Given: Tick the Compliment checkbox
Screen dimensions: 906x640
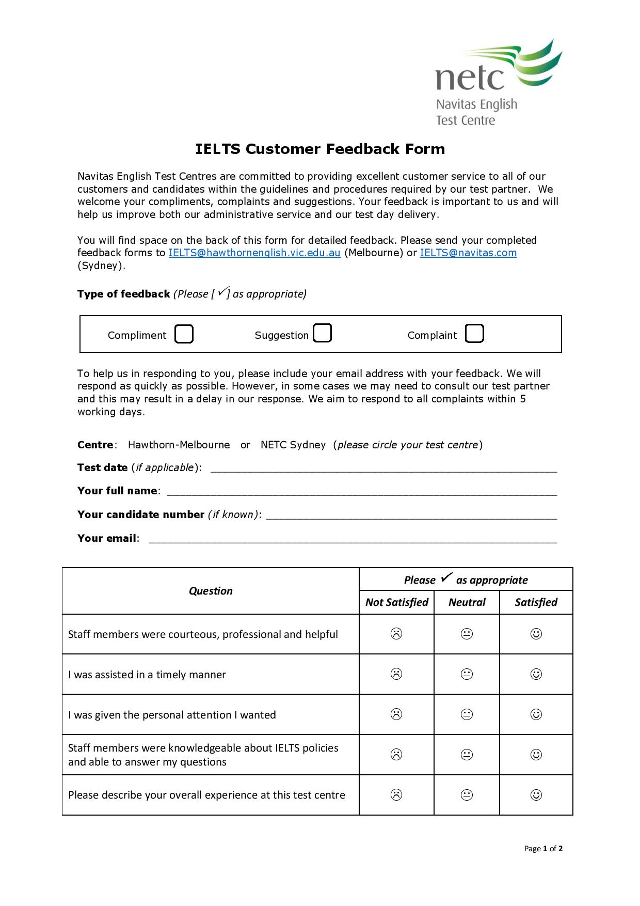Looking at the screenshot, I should pos(184,334).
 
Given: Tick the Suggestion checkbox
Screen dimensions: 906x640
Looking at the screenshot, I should pos(322,333).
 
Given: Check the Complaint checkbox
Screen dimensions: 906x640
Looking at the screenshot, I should pos(474,334).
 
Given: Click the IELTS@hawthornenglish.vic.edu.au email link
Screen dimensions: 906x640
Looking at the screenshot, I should pos(254,253).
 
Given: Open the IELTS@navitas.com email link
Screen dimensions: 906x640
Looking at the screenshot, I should pos(468,253).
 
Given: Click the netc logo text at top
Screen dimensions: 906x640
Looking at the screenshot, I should pos(470,77).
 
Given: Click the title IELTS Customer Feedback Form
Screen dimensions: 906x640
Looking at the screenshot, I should pos(319,149).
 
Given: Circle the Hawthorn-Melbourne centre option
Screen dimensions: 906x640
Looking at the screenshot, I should pos(179,445).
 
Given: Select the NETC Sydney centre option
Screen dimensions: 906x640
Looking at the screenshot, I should pos(293,445).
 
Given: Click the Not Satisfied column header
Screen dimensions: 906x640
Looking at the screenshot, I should pos(396,602).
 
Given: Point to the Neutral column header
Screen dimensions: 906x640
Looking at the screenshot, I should pos(467,602).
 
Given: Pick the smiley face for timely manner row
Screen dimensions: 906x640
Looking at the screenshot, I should pos(536,674).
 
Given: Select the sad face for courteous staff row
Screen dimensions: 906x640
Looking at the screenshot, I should pos(396,634).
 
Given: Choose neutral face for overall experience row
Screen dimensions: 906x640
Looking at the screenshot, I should pos(467,795).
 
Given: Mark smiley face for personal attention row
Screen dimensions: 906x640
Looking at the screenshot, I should pos(536,714).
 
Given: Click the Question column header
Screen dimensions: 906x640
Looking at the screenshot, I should pos(211,591).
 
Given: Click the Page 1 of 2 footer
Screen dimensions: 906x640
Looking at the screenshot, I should pos(543,848).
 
